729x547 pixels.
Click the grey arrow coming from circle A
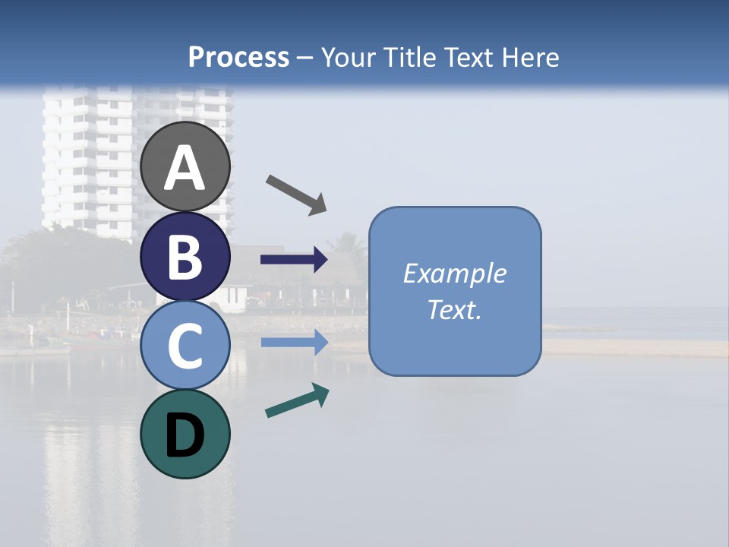(x=296, y=194)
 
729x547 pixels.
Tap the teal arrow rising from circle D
(x=297, y=400)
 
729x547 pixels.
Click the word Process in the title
(x=238, y=57)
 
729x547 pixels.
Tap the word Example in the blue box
(x=454, y=273)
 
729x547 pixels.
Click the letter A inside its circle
(x=185, y=169)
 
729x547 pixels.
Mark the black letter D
(x=185, y=436)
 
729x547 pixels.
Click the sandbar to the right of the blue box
(x=638, y=347)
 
